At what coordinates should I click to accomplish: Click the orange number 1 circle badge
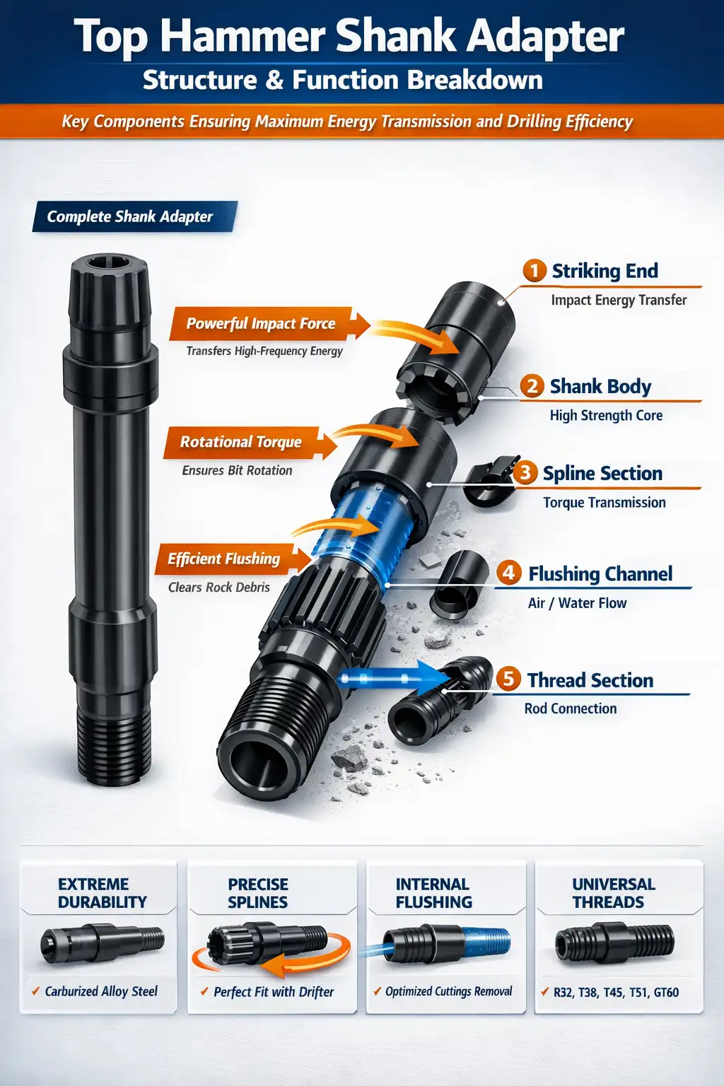pos(535,271)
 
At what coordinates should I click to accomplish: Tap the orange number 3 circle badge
pos(525,472)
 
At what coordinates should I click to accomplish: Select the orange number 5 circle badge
pos(508,679)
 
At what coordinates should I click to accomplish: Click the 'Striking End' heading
pos(605,271)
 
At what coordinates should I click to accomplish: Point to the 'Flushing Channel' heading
pos(600,573)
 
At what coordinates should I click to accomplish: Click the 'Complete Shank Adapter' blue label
pos(130,216)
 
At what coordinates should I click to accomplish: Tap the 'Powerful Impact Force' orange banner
pos(261,324)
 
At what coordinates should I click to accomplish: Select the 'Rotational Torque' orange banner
pos(241,442)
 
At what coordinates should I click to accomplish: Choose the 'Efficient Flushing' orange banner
pos(224,559)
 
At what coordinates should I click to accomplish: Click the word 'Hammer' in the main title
pos(242,37)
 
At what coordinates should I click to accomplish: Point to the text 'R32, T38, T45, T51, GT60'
pos(616,992)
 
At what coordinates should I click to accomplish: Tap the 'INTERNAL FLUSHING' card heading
pos(433,893)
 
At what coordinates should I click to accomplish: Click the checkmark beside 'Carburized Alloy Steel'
pos(35,991)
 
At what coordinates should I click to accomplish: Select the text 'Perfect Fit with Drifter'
pos(274,992)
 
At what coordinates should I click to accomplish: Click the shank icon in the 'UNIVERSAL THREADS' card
pos(614,942)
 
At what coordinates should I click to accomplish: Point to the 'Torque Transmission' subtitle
pos(604,503)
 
